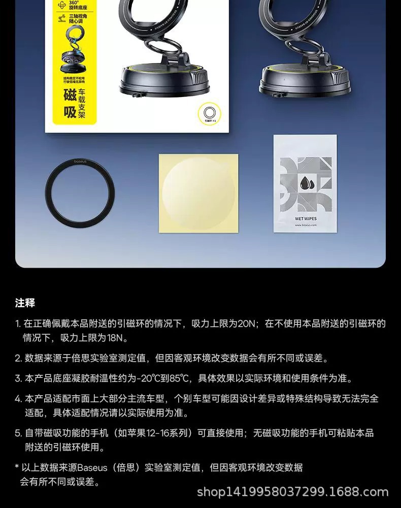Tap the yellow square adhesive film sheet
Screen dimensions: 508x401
pyautogui.click(x=198, y=193)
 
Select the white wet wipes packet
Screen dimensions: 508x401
pyautogui.click(x=305, y=183)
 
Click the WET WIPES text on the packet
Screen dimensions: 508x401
pyautogui.click(x=305, y=219)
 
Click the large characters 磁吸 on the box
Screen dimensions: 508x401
pyautogui.click(x=70, y=103)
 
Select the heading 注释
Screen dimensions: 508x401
pyautogui.click(x=25, y=303)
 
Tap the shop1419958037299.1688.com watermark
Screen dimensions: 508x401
pyautogui.click(x=292, y=492)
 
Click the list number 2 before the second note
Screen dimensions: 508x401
pyautogui.click(x=18, y=358)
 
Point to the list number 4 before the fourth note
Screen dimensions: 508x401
pyautogui.click(x=18, y=399)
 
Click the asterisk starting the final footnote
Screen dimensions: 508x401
pyautogui.click(x=17, y=466)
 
